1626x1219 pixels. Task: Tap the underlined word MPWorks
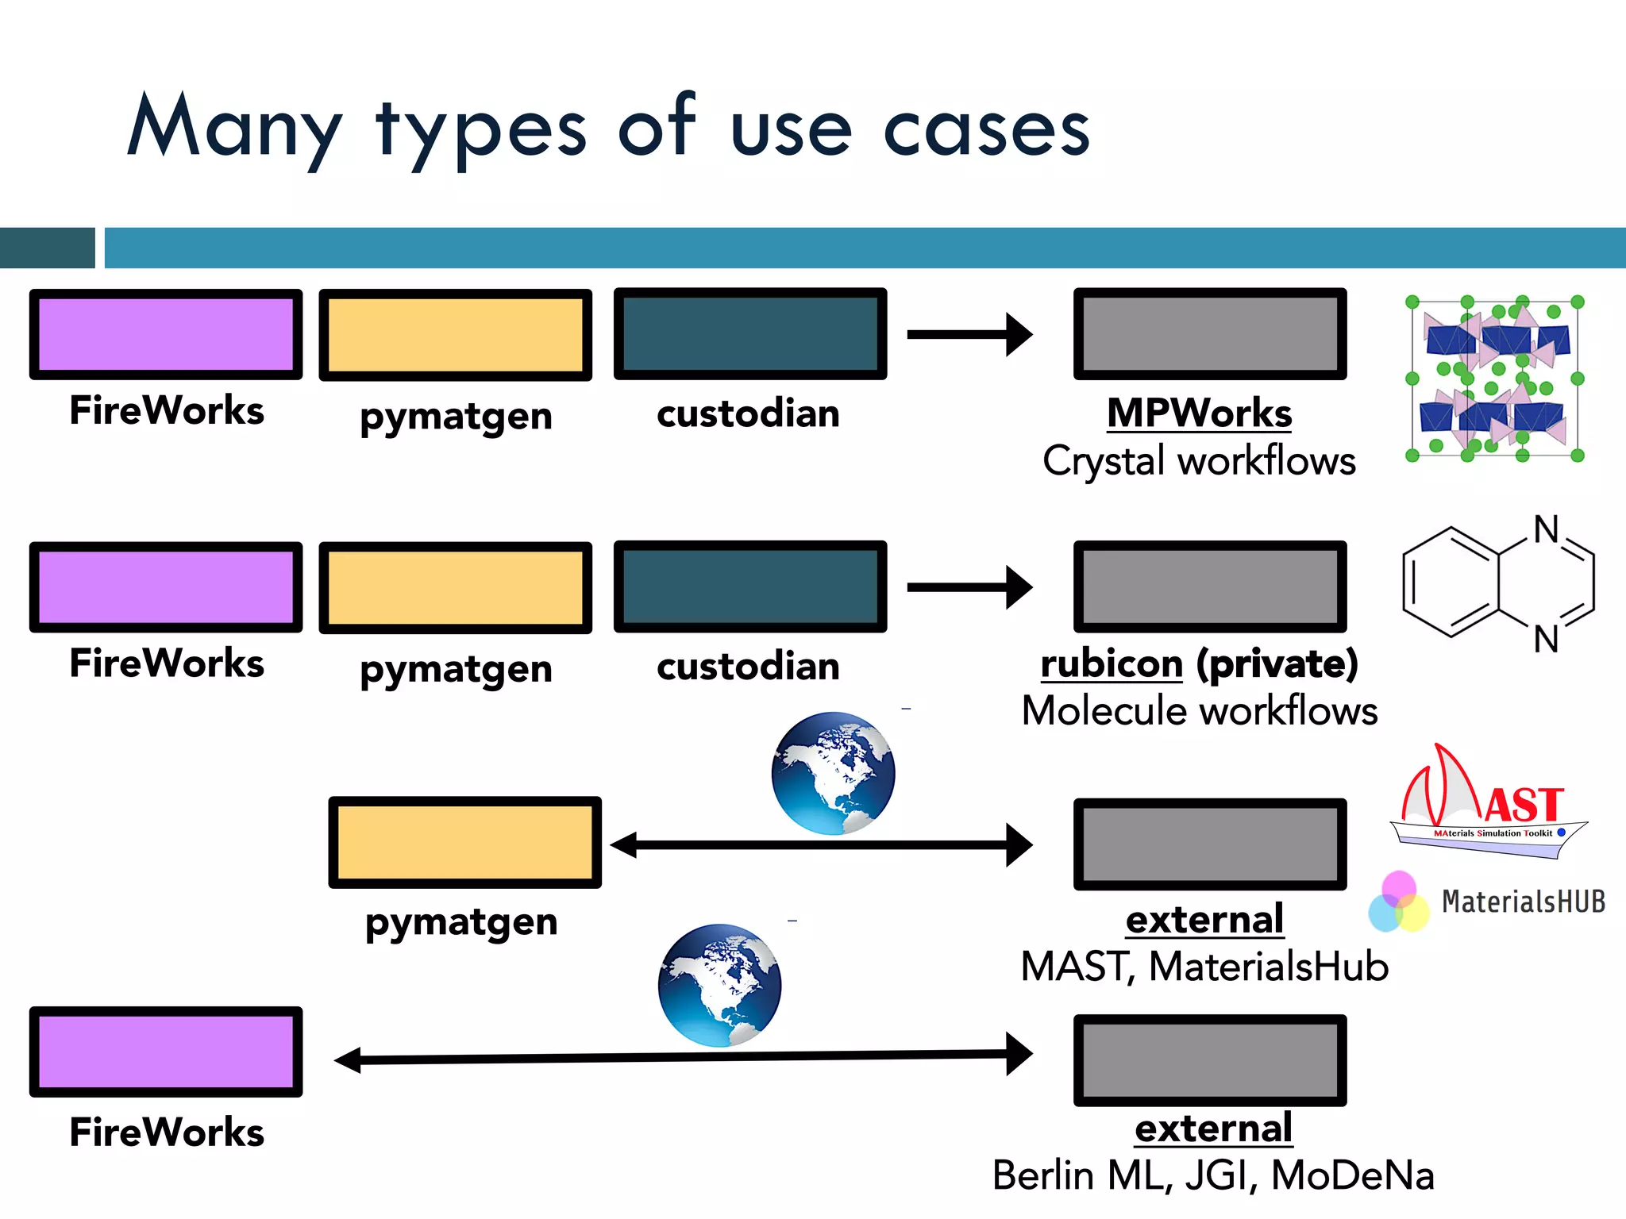click(1199, 413)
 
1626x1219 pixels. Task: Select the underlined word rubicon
click(1112, 663)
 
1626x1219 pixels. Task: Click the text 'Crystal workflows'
click(1199, 461)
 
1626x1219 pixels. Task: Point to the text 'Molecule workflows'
click(1199, 711)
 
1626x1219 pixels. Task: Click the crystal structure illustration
click(1494, 379)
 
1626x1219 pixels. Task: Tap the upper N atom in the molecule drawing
click(1545, 530)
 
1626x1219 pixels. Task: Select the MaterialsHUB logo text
click(1523, 902)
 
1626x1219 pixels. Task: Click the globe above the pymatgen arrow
click(833, 773)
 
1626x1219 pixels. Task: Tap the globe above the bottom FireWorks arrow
click(719, 985)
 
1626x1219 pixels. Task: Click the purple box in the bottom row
click(166, 1052)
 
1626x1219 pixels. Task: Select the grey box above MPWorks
click(1209, 334)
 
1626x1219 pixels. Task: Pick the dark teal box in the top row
click(749, 334)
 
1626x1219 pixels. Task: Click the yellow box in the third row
click(464, 842)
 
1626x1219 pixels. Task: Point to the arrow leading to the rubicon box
click(969, 587)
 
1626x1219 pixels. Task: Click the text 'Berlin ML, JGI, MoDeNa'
click(1212, 1175)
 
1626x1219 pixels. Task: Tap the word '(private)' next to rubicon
click(1277, 663)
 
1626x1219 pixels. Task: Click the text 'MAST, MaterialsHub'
click(1204, 967)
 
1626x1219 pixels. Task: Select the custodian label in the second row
click(748, 667)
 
